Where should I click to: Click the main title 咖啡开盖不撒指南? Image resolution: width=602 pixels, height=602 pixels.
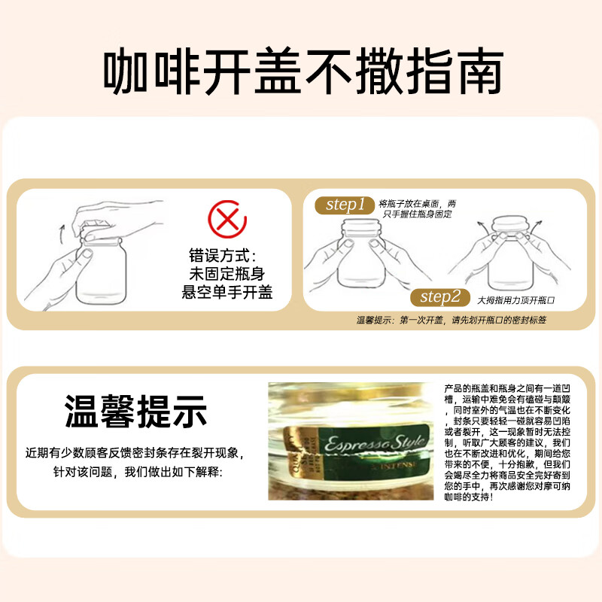(x=301, y=72)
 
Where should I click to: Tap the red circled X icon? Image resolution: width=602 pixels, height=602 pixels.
(x=227, y=218)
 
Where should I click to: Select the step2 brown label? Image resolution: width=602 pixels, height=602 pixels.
(x=440, y=296)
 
